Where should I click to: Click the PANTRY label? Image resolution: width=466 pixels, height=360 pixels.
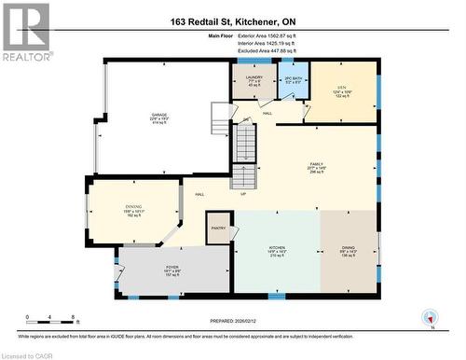click(220, 228)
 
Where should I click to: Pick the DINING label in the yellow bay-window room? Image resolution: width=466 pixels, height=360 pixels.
click(132, 209)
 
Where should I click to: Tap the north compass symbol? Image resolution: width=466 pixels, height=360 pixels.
click(430, 318)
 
